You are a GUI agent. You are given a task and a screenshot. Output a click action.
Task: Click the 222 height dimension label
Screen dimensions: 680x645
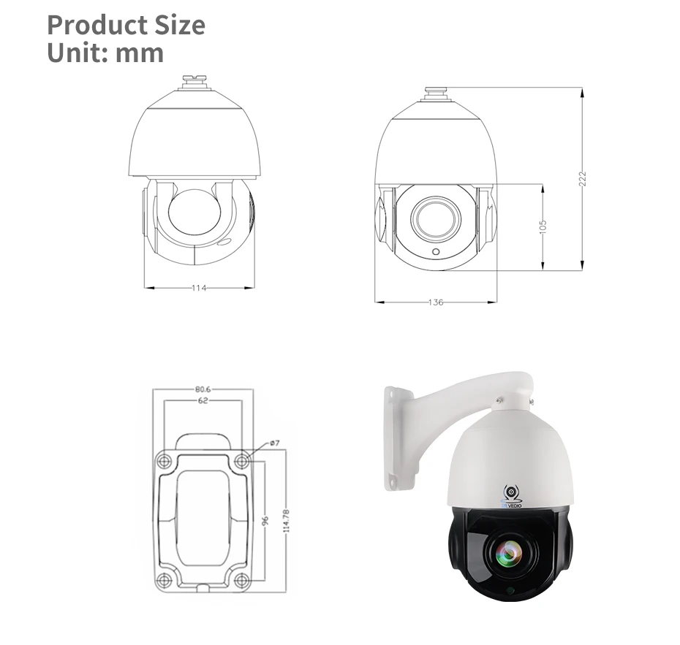pos(583,179)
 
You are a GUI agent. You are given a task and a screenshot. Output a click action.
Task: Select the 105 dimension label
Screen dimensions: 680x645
pos(543,227)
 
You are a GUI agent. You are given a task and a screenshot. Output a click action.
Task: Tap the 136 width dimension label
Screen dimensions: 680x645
pos(436,302)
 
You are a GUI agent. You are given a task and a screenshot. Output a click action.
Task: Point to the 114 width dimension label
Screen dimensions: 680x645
pos(199,288)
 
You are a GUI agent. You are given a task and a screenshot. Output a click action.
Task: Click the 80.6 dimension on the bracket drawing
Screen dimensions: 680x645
pos(203,389)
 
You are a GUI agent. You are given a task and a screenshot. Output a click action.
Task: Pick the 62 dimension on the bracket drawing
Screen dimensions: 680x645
pos(203,401)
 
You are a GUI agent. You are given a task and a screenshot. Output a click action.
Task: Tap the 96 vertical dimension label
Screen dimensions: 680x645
pos(266,520)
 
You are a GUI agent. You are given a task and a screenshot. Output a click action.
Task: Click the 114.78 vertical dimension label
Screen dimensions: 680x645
pos(286,521)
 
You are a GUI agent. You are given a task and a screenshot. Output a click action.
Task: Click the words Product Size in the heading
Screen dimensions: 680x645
pos(126,25)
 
